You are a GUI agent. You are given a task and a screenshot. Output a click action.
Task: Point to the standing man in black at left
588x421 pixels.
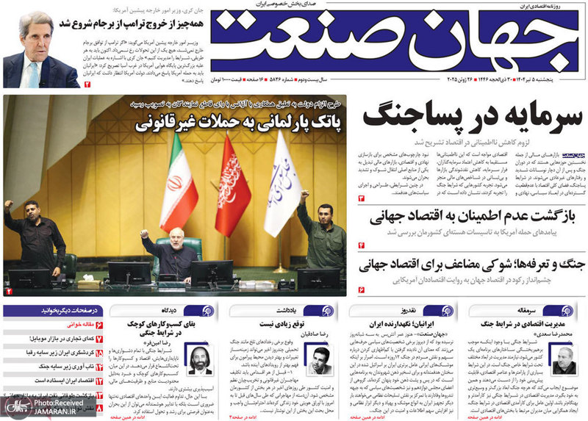(x=34, y=235)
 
